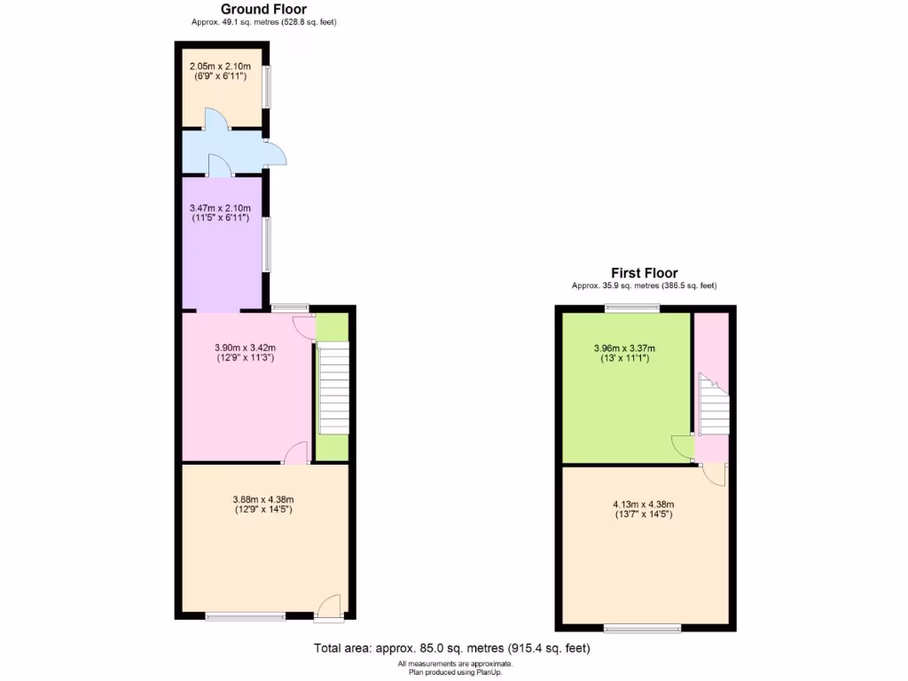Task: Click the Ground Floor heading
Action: tap(263, 10)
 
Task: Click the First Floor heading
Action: tap(644, 273)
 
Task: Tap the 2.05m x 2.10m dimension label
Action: tap(222, 71)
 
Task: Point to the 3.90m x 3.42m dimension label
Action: tap(246, 353)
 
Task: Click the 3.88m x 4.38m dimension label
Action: tap(263, 504)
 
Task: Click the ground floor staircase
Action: tap(333, 387)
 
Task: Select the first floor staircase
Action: tap(712, 406)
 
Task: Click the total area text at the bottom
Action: tap(451, 648)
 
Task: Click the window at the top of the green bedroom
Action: tap(632, 309)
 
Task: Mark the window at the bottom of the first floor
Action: tap(643, 630)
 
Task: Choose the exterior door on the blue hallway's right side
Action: tap(277, 153)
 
